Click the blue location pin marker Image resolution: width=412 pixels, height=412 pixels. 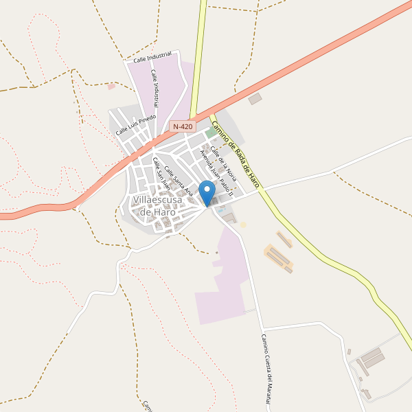[207, 192]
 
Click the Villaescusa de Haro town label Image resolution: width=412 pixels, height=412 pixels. [157, 206]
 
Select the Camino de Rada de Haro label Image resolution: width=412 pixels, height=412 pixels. [236, 154]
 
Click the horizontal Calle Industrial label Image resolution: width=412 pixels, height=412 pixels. [152, 60]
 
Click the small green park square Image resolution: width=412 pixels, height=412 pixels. [209, 134]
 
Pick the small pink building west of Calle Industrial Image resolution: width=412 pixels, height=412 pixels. [111, 87]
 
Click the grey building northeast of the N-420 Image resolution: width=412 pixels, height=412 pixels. [255, 99]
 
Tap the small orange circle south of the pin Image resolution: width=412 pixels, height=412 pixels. [242, 225]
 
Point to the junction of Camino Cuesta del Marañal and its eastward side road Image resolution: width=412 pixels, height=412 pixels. [262, 328]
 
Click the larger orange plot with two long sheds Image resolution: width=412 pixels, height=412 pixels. [278, 257]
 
